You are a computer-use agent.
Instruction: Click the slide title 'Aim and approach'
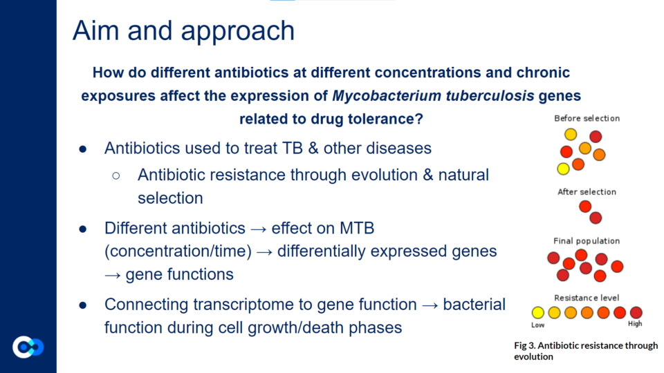click(183, 31)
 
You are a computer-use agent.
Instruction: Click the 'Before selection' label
click(587, 118)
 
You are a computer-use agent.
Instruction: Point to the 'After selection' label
click(587, 192)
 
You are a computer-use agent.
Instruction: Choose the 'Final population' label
click(587, 241)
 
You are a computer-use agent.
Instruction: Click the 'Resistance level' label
click(587, 298)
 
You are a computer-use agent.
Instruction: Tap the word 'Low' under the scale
click(538, 325)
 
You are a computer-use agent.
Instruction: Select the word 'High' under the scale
click(635, 323)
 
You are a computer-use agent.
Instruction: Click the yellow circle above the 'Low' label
click(538, 312)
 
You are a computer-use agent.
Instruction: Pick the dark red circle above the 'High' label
click(636, 312)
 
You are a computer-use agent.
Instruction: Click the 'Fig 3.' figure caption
click(586, 351)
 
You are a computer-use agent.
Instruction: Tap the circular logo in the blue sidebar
click(28, 347)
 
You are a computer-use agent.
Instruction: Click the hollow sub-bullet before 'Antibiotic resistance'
click(116, 175)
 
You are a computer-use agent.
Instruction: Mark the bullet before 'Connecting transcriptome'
click(83, 305)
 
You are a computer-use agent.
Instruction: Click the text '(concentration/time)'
click(178, 251)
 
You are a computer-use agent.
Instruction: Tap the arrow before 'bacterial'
click(430, 305)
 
